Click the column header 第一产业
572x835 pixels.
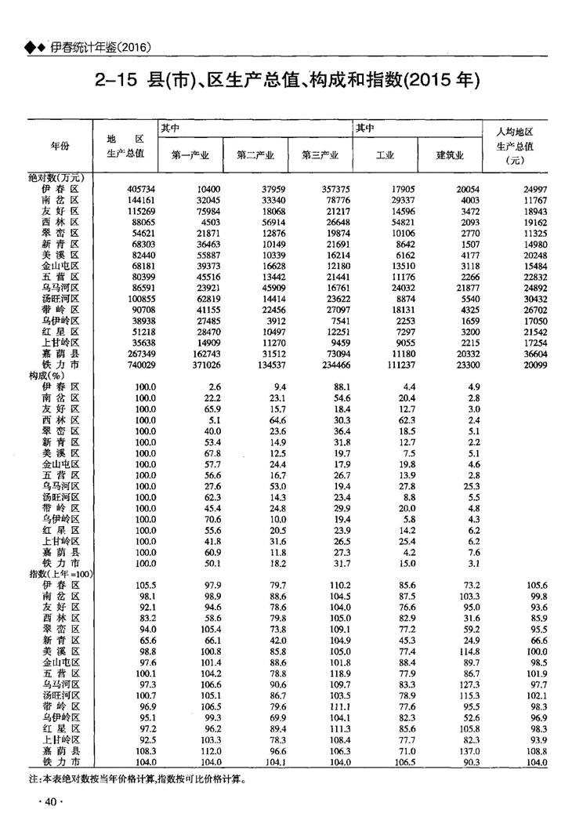tap(190, 154)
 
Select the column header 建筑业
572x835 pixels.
tap(450, 154)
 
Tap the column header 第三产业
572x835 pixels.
tap(320, 154)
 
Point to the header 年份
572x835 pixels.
tap(60, 146)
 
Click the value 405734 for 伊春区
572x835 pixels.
tap(141, 191)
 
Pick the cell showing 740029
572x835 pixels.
tap(141, 366)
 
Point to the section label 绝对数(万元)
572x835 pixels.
tap(56, 179)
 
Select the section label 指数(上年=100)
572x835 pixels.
tap(61, 575)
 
